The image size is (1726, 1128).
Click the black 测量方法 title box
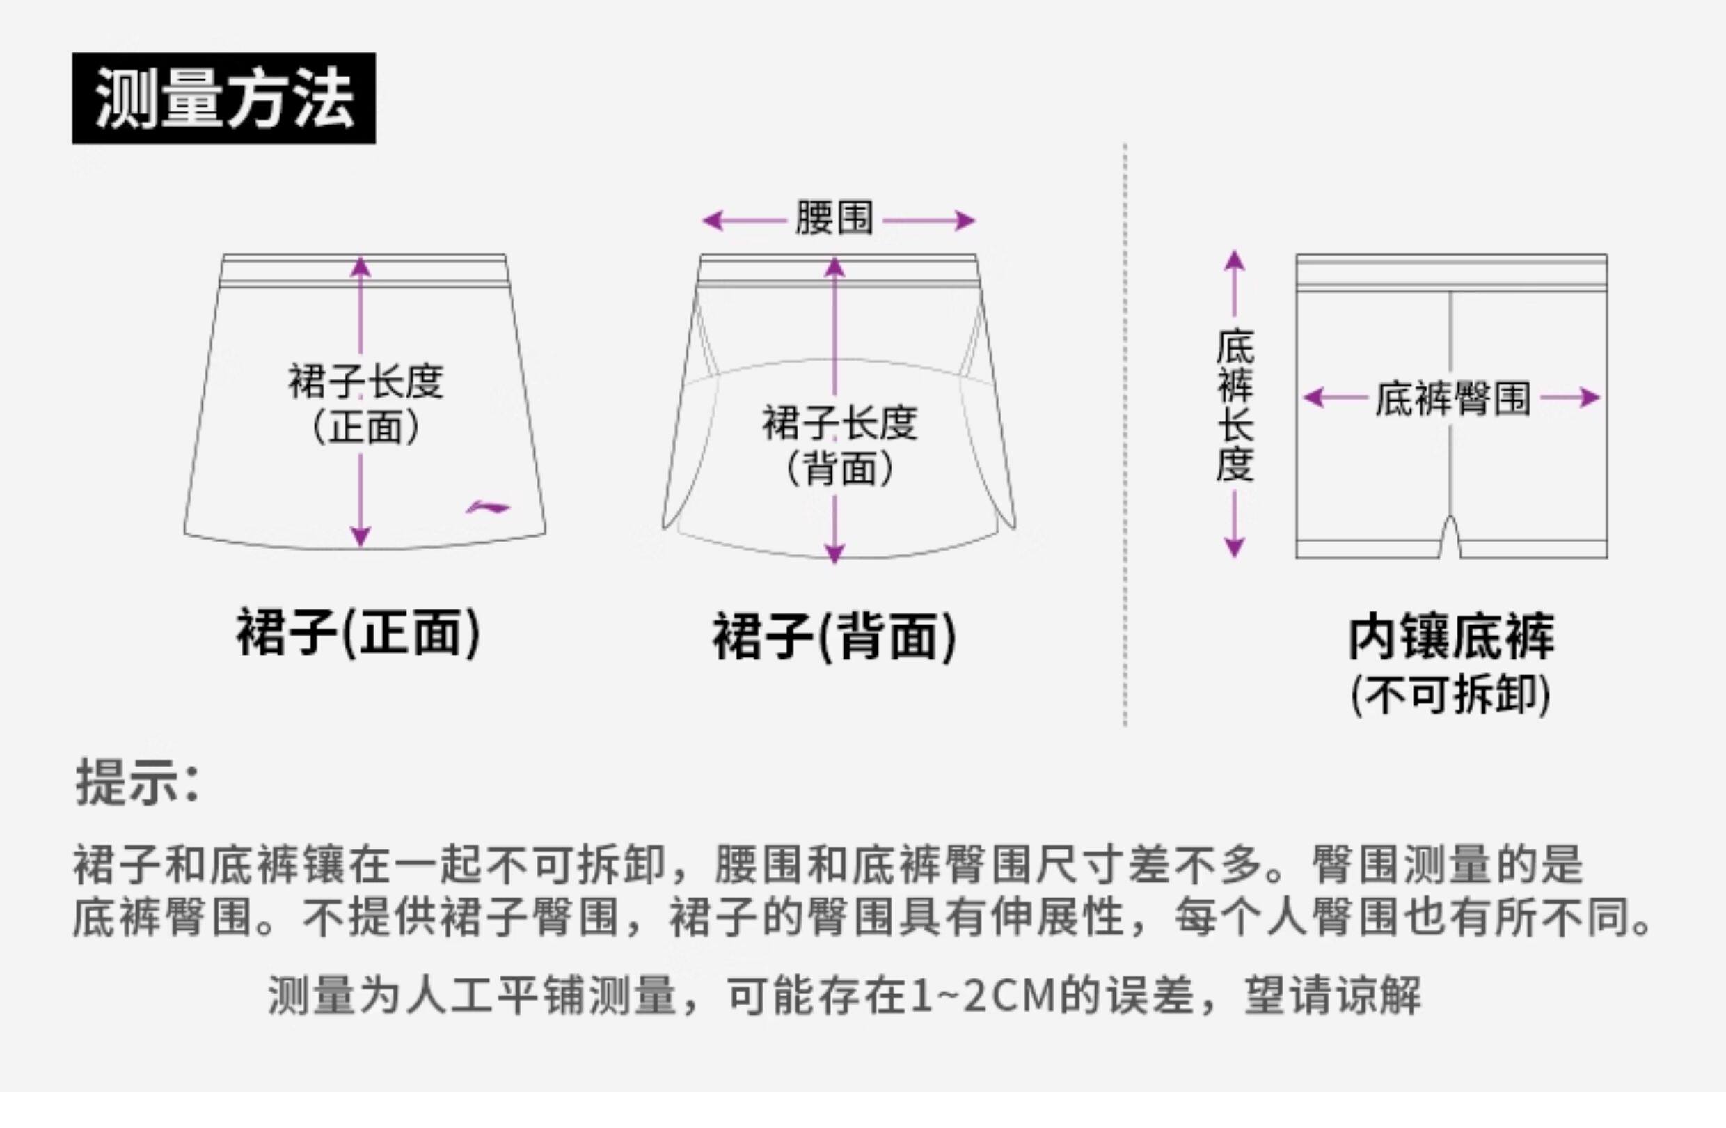(x=223, y=98)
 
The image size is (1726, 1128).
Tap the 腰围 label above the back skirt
(x=834, y=218)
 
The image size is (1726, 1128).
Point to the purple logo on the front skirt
(x=487, y=507)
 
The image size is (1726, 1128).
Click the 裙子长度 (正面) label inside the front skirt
(x=365, y=402)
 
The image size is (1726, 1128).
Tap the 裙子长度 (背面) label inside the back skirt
(x=839, y=444)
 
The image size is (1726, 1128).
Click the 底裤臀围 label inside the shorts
(x=1452, y=398)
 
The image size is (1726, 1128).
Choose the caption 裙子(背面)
(x=834, y=636)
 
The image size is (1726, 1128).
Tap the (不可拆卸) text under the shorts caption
(x=1450, y=695)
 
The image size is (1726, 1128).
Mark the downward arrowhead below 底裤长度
(x=1235, y=547)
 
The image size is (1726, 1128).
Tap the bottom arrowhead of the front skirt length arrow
(x=361, y=537)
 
